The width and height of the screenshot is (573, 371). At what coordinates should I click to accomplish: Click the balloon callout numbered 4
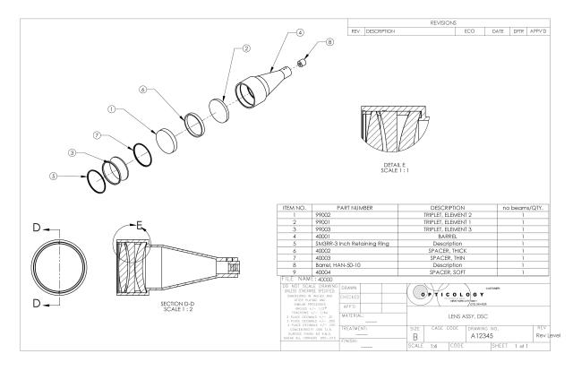pos(300,31)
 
